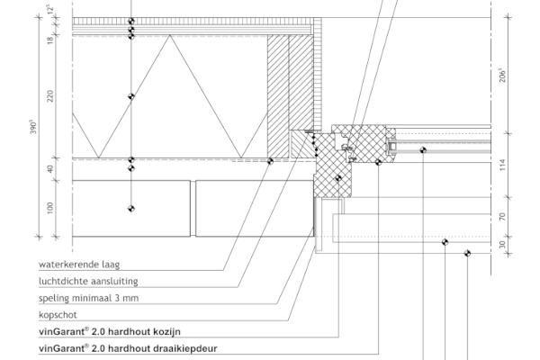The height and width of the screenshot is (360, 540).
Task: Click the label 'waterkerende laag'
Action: (x=79, y=265)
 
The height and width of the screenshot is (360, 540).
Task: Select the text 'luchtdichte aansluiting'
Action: (x=88, y=281)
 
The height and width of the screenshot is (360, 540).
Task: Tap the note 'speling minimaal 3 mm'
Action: (x=88, y=298)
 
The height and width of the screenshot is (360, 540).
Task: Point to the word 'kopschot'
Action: (x=58, y=315)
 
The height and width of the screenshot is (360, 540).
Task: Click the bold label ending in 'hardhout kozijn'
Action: (x=110, y=332)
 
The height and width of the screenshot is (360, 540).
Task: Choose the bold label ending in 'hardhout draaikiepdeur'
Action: (x=128, y=348)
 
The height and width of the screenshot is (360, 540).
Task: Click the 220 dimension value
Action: (x=50, y=96)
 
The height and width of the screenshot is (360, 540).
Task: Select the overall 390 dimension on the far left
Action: (x=33, y=127)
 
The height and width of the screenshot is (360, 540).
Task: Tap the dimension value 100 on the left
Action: (x=50, y=208)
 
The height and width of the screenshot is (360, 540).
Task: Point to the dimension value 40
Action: (x=50, y=169)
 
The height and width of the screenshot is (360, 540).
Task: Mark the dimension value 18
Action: (x=50, y=40)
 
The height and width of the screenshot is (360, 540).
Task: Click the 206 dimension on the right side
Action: (x=503, y=76)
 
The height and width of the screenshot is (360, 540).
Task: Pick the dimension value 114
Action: (x=503, y=165)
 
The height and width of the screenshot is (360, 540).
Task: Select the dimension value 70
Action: (x=503, y=217)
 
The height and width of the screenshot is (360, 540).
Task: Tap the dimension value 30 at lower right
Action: (x=503, y=245)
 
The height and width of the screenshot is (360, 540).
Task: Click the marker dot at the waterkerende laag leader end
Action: (x=270, y=161)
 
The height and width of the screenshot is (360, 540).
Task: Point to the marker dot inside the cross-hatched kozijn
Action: (x=338, y=178)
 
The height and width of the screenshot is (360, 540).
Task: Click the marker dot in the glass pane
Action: (x=423, y=150)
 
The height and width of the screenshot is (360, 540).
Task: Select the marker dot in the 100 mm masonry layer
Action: (x=131, y=209)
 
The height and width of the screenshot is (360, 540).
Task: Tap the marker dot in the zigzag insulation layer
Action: (x=131, y=96)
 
